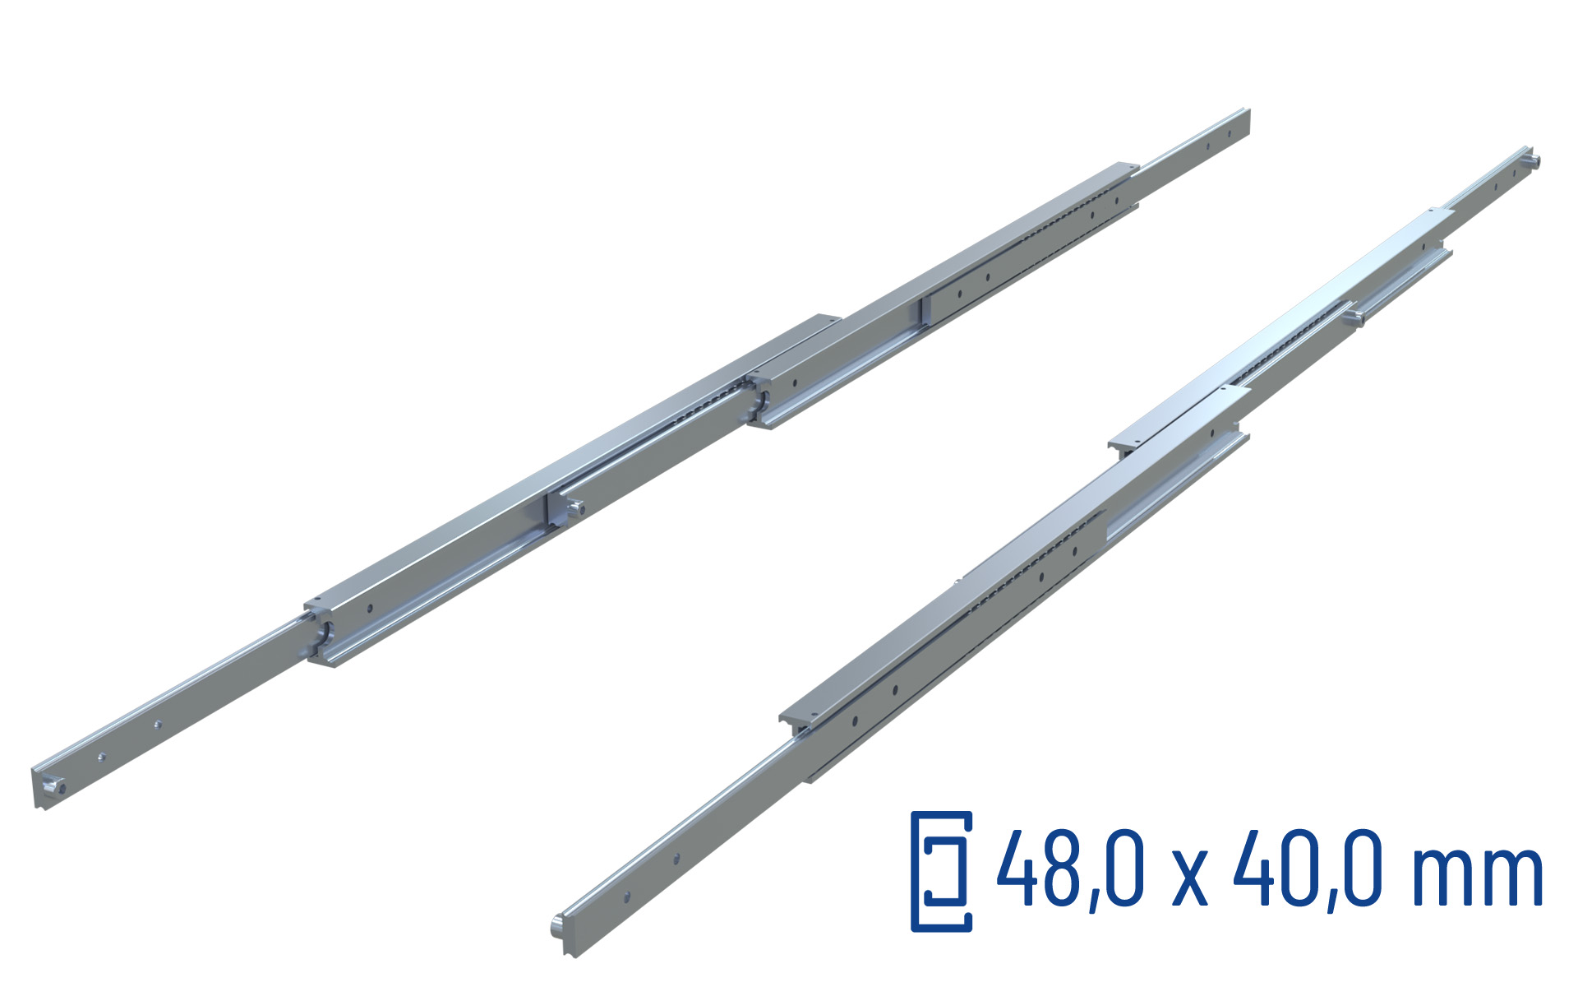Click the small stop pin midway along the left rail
coord(577,510)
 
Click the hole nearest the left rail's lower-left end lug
coord(101,757)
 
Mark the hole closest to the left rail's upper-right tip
coord(1230,132)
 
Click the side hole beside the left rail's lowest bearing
coord(370,609)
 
